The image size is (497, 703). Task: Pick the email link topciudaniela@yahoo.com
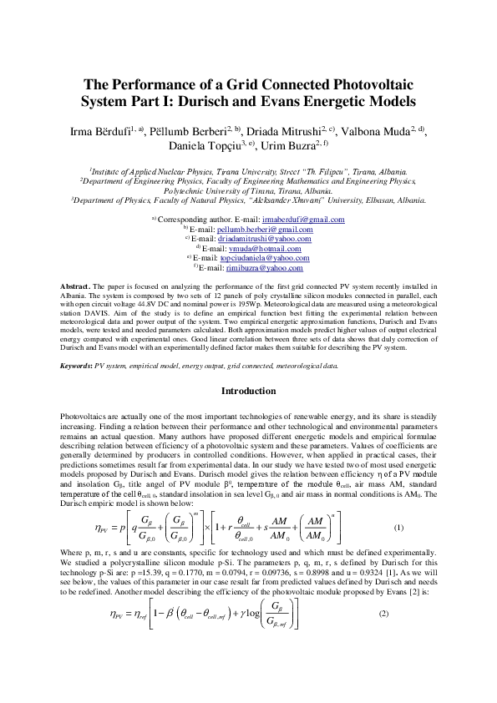pos(265,257)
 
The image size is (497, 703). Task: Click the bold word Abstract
pos(76,286)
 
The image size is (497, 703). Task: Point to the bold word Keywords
pos(79,366)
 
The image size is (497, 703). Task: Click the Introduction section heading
pos(248,391)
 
